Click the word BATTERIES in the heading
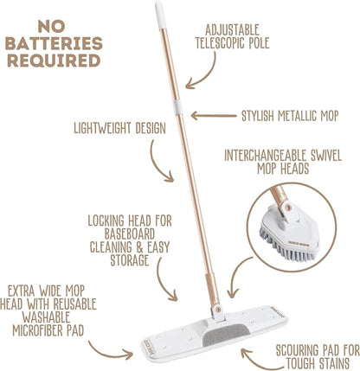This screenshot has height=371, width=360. pos(54,43)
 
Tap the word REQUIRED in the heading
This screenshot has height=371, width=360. pos(54,61)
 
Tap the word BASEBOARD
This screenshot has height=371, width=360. pos(130,233)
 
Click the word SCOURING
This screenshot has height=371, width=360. pos(299,350)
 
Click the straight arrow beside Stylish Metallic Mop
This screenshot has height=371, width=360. pos(214,116)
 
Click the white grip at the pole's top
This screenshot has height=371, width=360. pos(160,15)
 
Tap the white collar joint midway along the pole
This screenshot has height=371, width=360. pos(177,108)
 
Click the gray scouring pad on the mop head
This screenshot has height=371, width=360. pos(223,335)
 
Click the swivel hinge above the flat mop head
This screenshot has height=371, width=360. pos(217,312)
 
